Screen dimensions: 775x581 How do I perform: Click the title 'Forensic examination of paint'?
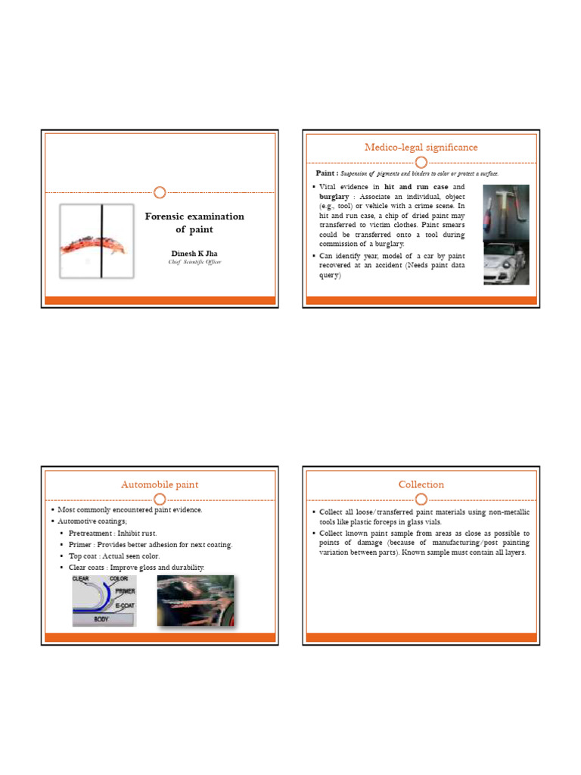click(194, 223)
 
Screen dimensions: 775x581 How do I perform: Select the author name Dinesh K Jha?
click(194, 254)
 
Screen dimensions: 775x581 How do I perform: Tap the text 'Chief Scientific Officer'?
click(194, 262)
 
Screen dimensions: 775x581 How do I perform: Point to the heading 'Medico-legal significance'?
click(421, 147)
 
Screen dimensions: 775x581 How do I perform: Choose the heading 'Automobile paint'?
click(160, 484)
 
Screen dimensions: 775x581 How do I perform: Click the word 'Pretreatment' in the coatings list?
click(92, 534)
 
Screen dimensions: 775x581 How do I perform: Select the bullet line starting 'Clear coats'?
click(136, 568)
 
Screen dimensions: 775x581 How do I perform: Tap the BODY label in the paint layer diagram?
click(101, 618)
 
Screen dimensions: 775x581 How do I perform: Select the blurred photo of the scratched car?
click(196, 601)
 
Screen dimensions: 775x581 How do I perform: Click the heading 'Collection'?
click(421, 484)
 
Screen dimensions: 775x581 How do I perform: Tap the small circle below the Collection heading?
click(421, 499)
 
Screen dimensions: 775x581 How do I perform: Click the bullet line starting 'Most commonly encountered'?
click(130, 510)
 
